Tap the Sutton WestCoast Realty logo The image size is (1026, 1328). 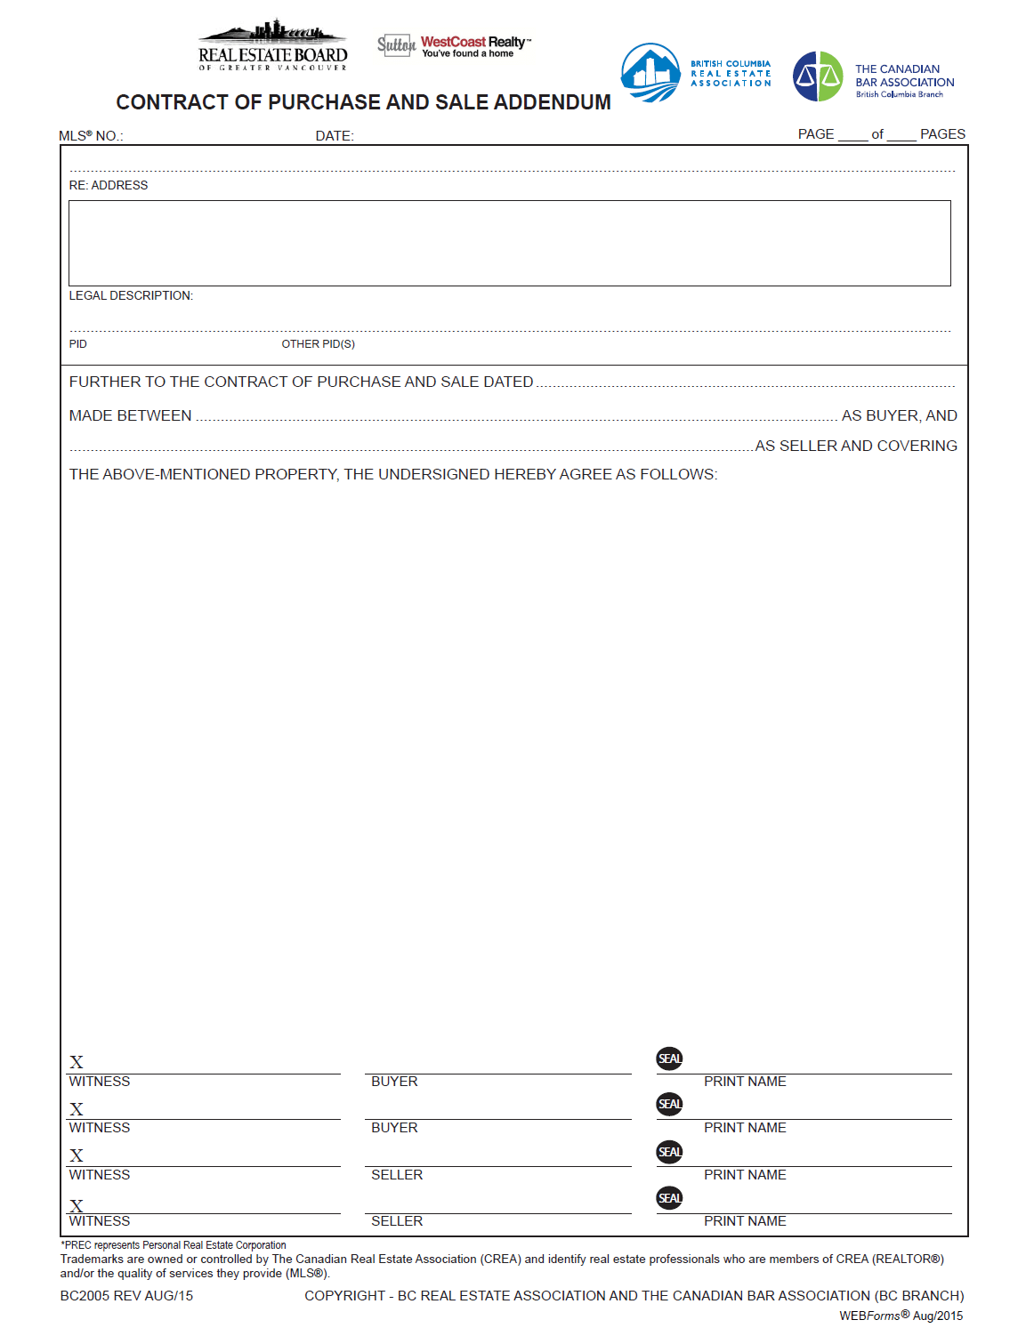coord(454,45)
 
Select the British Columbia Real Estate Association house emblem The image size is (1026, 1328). coord(650,73)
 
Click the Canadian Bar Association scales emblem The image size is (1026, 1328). coord(817,76)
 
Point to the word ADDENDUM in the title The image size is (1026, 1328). coord(552,102)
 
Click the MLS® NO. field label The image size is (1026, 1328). coord(91,136)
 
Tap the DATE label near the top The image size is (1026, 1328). coord(335,136)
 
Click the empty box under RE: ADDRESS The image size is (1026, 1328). coord(509,243)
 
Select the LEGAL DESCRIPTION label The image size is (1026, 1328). coord(131,295)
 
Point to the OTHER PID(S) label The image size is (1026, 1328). coord(318,344)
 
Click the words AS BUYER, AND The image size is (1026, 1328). coord(899,415)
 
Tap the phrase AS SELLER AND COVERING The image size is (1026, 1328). coord(855,446)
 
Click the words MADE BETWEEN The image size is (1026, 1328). coord(131,415)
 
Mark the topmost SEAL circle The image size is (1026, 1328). coord(669,1058)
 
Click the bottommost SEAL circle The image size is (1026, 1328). coord(669,1197)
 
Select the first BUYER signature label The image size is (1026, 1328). coord(394,1082)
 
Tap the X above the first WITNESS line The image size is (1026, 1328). coord(77,1062)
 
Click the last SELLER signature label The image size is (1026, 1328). coord(397,1221)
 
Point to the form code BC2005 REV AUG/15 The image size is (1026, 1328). coord(126,1296)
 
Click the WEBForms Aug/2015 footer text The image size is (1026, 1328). coord(901,1316)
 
